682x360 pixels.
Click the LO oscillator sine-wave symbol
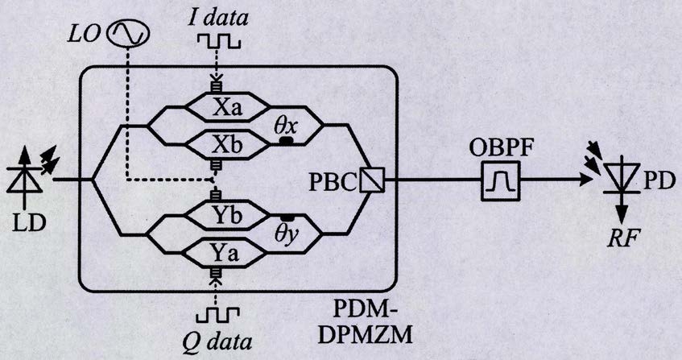pyautogui.click(x=128, y=34)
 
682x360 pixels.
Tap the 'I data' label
pyautogui.click(x=218, y=18)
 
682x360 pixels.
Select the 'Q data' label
pyautogui.click(x=217, y=341)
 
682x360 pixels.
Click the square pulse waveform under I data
pyautogui.click(x=218, y=41)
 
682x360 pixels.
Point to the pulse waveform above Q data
pyautogui.click(x=217, y=314)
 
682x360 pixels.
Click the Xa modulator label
pyautogui.click(x=226, y=107)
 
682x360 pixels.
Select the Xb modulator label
pyautogui.click(x=226, y=145)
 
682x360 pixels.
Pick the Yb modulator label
pyautogui.click(x=226, y=215)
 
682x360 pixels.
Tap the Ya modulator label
pyautogui.click(x=225, y=253)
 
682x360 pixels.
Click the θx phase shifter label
pyautogui.click(x=285, y=126)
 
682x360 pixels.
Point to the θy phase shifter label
pyautogui.click(x=286, y=235)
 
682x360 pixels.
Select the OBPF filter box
pyautogui.click(x=500, y=181)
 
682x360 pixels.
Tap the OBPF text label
pyautogui.click(x=501, y=149)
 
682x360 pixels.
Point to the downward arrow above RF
pyautogui.click(x=623, y=209)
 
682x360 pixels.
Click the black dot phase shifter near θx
pyautogui.click(x=285, y=140)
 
